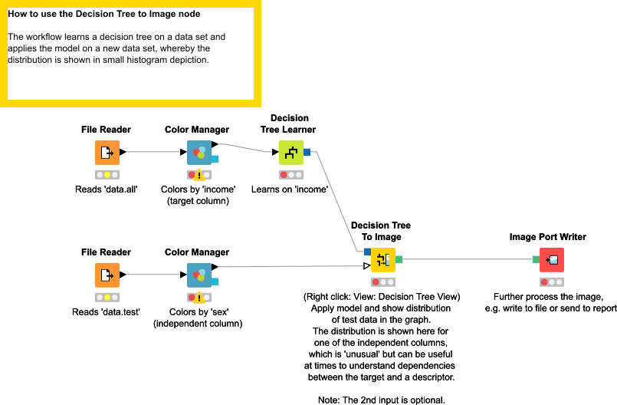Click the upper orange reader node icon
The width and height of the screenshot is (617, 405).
(107, 152)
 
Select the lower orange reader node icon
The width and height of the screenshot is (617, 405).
(107, 275)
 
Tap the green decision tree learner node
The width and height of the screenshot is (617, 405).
(291, 152)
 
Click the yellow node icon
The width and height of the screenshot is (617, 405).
(383, 259)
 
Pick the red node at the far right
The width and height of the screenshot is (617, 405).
(551, 259)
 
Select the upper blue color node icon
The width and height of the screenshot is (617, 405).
(199, 152)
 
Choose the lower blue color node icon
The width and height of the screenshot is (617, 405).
(199, 275)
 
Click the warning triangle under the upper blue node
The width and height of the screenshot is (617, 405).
(199, 175)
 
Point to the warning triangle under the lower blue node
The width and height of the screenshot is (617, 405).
(199, 298)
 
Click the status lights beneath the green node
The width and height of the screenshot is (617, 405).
(291, 175)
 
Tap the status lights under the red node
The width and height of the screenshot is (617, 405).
(551, 282)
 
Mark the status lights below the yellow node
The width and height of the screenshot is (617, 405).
(383, 282)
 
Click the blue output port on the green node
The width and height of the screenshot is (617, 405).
(307, 152)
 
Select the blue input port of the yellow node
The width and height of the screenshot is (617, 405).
(367, 252)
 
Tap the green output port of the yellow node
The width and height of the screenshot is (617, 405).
(399, 259)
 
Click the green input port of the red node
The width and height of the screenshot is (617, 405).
(536, 259)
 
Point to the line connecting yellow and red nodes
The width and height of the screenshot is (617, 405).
(468, 259)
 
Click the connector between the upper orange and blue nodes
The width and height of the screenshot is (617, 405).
(153, 152)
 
